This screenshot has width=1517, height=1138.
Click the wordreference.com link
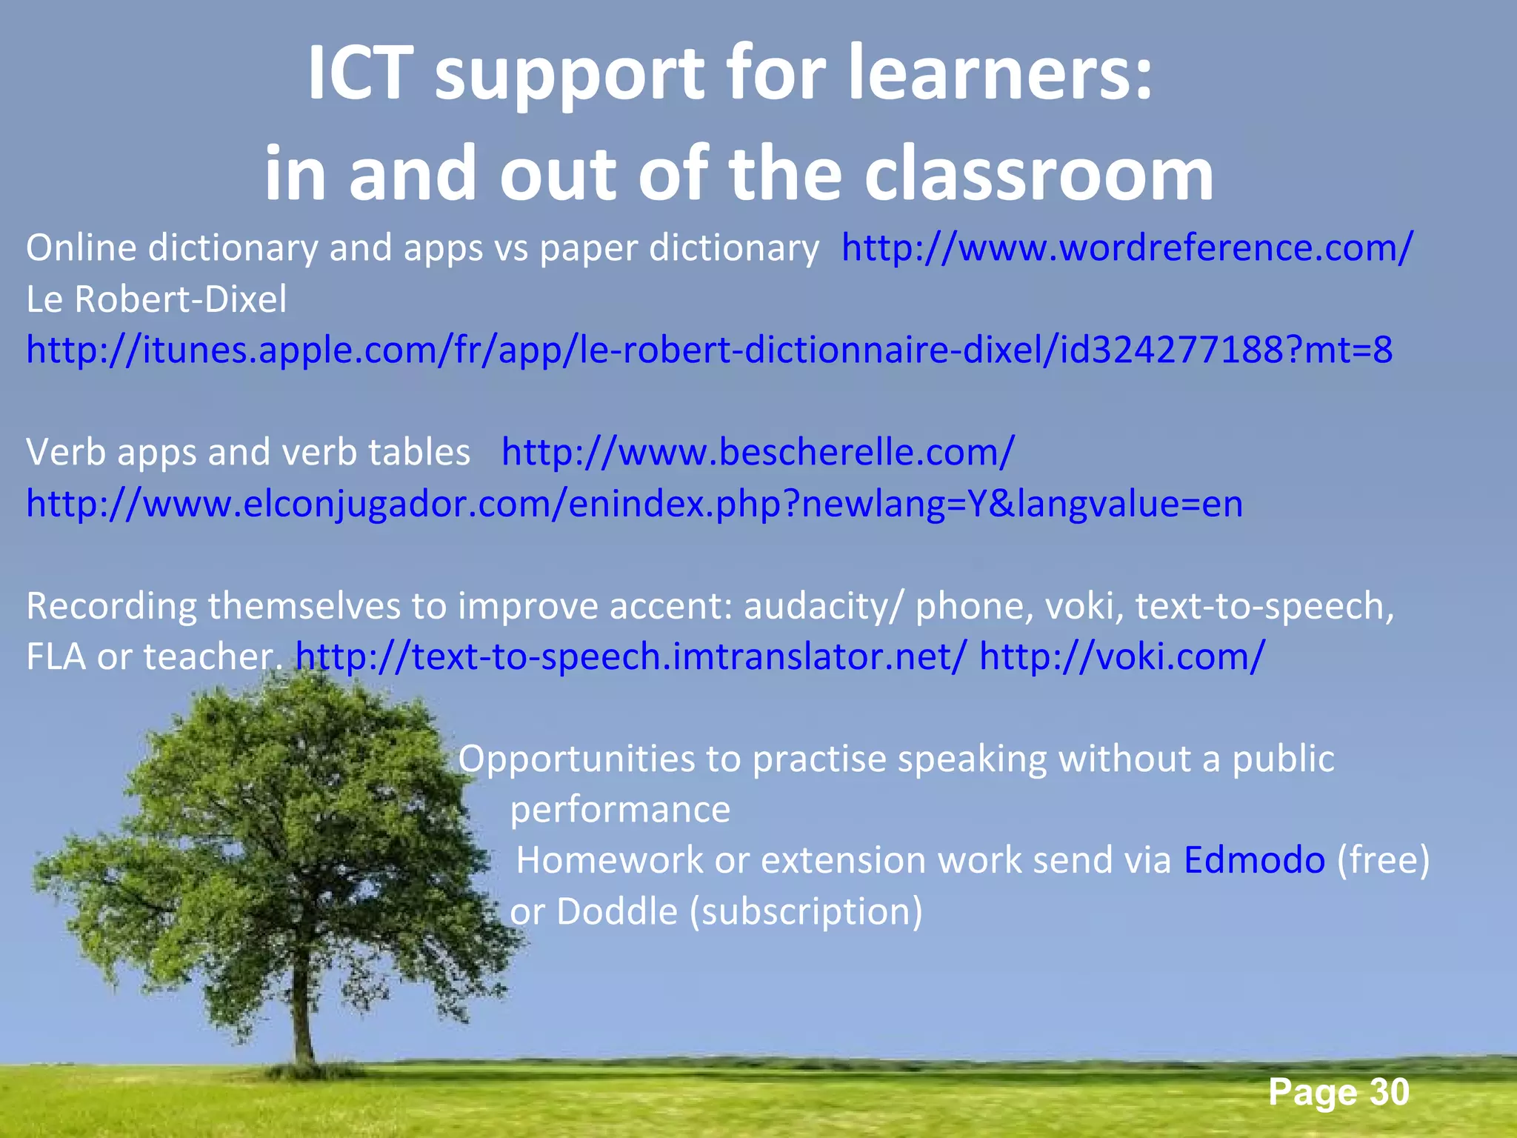pyautogui.click(x=1127, y=248)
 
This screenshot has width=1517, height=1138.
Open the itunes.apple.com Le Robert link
pyautogui.click(x=709, y=350)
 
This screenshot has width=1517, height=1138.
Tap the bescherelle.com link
pyautogui.click(x=757, y=452)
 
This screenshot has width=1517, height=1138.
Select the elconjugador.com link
pyautogui.click(x=634, y=504)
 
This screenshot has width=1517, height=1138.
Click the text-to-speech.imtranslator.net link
pyautogui.click(x=631, y=656)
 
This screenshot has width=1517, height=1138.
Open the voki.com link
pyautogui.click(x=1121, y=656)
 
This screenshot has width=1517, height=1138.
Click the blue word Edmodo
pyautogui.click(x=1254, y=860)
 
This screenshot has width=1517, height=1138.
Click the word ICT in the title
pyautogui.click(x=359, y=74)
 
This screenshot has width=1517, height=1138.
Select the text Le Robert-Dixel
pyautogui.click(x=156, y=299)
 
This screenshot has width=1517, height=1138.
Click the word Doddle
pyautogui.click(x=616, y=911)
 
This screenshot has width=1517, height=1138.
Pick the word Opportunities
pyautogui.click(x=599, y=759)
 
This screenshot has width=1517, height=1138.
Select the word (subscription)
pyautogui.click(x=806, y=911)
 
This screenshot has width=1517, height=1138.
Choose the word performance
pyautogui.click(x=620, y=809)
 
